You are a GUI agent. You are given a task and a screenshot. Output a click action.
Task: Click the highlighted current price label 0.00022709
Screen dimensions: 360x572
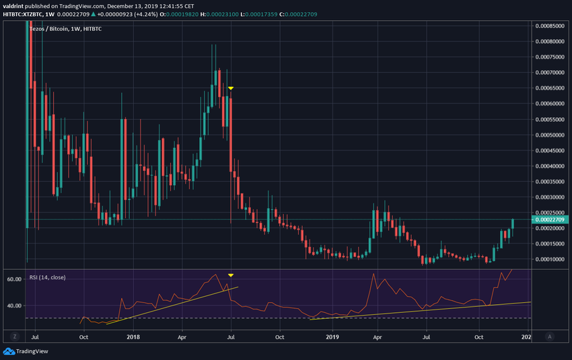(x=550, y=219)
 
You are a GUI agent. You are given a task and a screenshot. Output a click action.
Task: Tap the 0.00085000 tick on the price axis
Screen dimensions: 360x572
(x=550, y=26)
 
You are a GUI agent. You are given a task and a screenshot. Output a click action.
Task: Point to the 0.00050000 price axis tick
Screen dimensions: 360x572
(x=550, y=135)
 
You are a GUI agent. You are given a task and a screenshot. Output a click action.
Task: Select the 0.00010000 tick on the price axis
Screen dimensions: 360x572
(x=550, y=259)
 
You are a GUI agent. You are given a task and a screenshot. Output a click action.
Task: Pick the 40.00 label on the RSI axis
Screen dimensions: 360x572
(x=14, y=305)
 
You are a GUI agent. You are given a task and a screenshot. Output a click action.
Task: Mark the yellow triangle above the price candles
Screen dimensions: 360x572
(x=231, y=89)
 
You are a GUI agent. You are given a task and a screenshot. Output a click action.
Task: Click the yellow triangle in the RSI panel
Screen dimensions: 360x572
(x=231, y=275)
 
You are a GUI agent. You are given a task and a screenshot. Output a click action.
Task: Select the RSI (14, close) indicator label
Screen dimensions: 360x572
(x=48, y=277)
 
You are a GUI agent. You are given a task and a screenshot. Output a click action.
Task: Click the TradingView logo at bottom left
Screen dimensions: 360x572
(x=20, y=351)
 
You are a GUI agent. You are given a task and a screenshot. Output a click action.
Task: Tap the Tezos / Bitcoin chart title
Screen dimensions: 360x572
(x=50, y=28)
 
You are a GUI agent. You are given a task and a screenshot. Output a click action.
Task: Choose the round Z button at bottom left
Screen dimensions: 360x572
(x=13, y=336)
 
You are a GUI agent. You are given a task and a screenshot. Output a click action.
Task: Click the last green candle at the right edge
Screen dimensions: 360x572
(x=513, y=223)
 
